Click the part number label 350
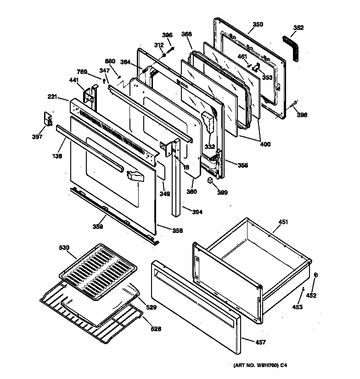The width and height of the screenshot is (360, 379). (258, 24)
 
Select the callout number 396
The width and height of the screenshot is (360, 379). (167, 35)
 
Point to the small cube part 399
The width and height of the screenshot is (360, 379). (209, 181)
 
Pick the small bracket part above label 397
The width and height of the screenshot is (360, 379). (48, 119)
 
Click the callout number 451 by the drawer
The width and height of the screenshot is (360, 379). (283, 222)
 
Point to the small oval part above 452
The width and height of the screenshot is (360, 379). (315, 275)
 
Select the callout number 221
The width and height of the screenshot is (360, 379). (52, 97)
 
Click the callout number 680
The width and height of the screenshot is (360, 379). (110, 61)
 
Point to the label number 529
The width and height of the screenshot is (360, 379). (151, 307)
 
